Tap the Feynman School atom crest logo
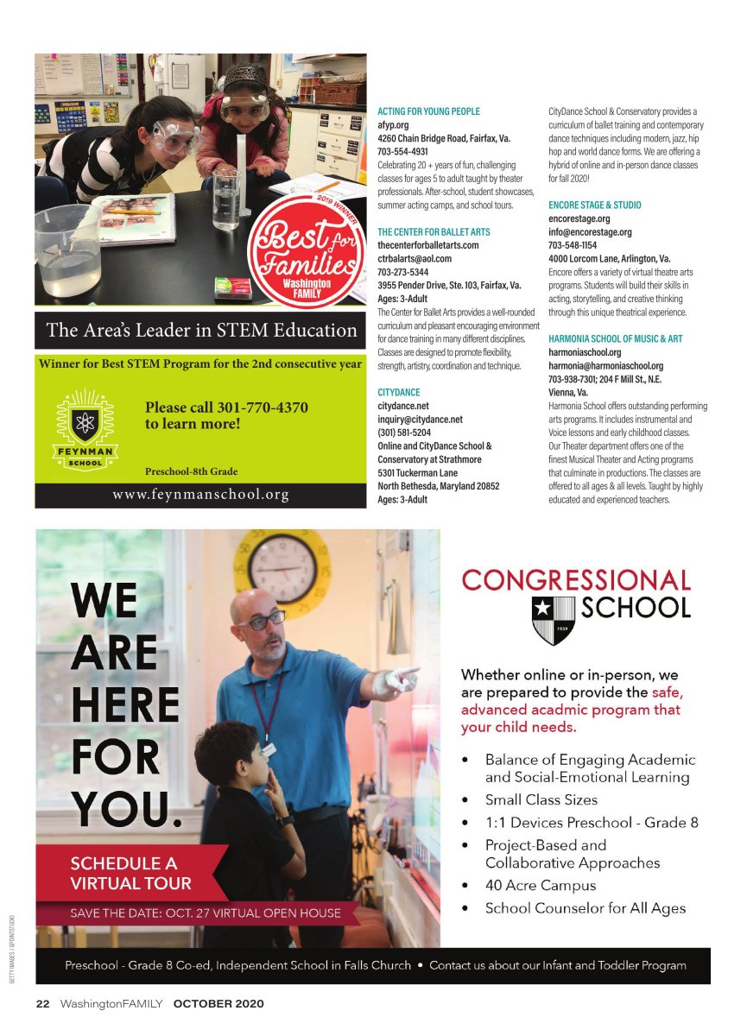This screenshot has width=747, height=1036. pos(85,426)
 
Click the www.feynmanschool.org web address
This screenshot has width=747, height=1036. pos(199,495)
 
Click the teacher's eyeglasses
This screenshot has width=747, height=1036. pos(262,619)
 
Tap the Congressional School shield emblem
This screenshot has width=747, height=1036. pos(553,619)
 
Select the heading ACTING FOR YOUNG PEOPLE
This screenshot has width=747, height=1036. pos(428,111)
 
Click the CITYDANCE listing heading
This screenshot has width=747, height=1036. pos(399,392)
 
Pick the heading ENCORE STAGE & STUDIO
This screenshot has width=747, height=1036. pos(594,205)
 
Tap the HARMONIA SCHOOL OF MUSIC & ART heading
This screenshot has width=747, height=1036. pos(615,338)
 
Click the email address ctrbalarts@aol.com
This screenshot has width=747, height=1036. pos(415,258)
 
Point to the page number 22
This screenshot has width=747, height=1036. pos(42,1003)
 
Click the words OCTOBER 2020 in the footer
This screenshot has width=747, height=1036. pos(218,1003)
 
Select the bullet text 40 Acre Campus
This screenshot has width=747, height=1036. pos(540,885)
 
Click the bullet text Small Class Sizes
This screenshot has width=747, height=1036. pos(541,799)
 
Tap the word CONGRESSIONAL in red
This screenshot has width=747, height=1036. pos(576,580)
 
